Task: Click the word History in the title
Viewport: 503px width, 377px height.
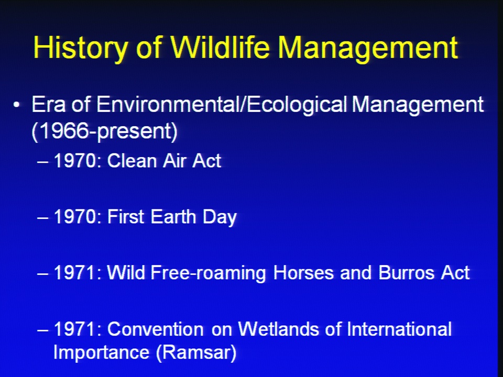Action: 80,48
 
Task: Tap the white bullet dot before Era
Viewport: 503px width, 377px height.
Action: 17,105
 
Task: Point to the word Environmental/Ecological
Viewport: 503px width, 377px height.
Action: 222,105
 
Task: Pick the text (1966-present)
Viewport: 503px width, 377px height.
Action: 105,131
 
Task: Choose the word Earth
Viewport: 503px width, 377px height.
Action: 173,216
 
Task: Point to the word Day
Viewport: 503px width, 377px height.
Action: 220,217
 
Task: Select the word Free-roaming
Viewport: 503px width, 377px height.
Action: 208,273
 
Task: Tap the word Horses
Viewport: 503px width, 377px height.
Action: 303,272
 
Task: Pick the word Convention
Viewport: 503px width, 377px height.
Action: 155,329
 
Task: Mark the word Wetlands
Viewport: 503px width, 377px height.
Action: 278,329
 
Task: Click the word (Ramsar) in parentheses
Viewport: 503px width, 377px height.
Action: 196,352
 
